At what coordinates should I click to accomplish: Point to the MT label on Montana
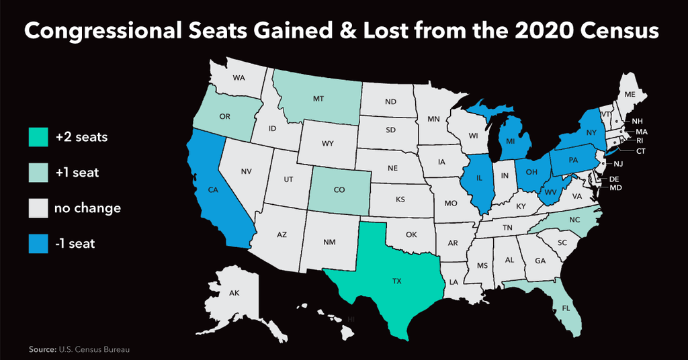coord(319,99)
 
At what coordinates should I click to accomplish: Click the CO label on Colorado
coord(339,190)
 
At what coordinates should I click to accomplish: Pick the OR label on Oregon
coord(225,116)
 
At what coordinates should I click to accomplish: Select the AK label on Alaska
coord(234,294)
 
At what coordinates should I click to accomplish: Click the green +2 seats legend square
coord(38,137)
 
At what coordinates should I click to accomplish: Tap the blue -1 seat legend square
coord(38,244)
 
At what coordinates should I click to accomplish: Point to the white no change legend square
coord(38,208)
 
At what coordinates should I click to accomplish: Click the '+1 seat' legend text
coord(77,173)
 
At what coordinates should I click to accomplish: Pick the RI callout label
coord(640,141)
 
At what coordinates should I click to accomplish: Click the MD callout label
coord(615,189)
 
